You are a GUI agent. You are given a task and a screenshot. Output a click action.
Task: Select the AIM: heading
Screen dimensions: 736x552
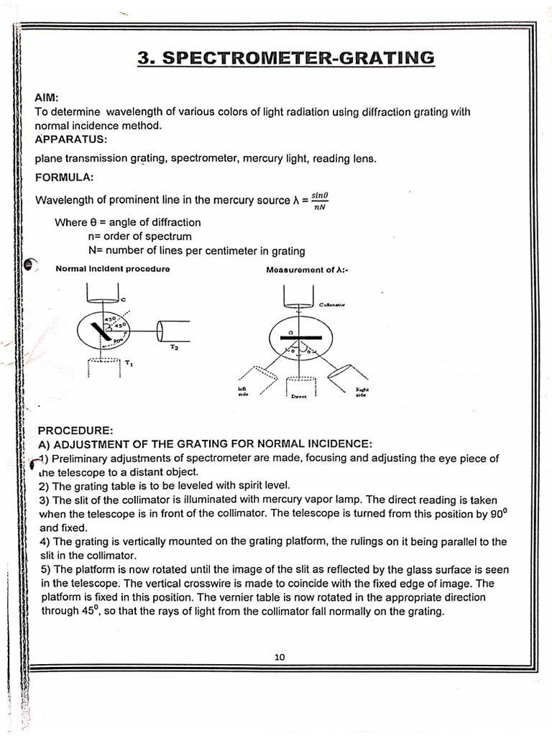pos(47,98)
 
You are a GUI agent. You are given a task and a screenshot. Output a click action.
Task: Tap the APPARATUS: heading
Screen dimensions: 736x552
pos(70,139)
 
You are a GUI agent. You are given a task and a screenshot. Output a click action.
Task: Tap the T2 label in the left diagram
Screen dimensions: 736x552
pos(174,348)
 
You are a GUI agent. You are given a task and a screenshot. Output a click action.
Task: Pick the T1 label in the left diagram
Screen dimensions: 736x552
pos(129,363)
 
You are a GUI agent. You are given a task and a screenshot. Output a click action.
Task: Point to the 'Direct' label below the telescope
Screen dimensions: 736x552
pos(299,396)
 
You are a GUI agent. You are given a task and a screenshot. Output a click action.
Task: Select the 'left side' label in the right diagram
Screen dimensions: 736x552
pos(242,391)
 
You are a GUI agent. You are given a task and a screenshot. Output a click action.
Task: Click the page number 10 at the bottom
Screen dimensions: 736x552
pos(280,656)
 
